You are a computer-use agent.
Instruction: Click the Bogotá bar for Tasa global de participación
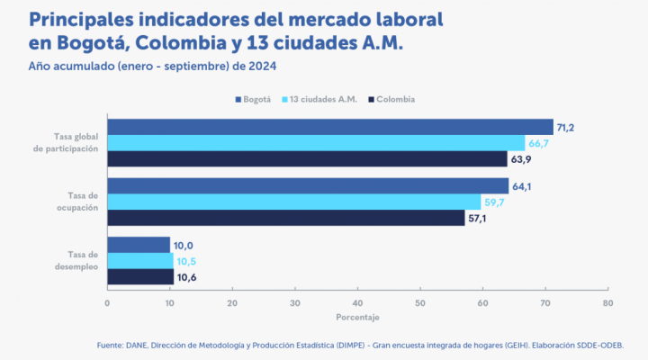pos(329,127)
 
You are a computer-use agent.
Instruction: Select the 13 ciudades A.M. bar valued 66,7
pos(315,143)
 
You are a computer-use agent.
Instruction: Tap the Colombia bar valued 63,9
pos(307,159)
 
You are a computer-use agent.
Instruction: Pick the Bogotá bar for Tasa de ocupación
pos(308,186)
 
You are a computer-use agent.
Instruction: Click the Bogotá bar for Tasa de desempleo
pos(139,245)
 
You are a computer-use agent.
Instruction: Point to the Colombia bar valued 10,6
pos(140,277)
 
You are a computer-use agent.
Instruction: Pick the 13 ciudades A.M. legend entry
pos(319,99)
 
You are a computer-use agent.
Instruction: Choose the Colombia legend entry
pos(394,99)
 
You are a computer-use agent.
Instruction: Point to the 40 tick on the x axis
pos(357,303)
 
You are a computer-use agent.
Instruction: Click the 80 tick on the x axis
pos(607,303)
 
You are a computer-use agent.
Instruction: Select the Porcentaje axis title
pos(357,318)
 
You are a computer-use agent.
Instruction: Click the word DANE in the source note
pos(134,345)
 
